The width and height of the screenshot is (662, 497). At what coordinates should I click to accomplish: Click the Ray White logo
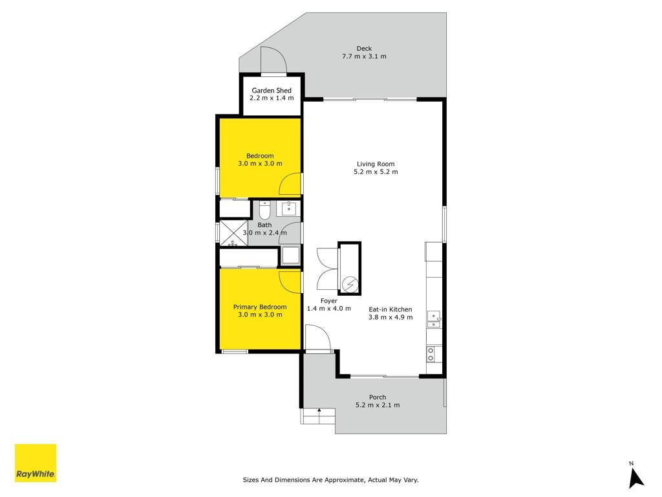tap(36, 463)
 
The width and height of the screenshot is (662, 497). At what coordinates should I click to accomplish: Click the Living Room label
tap(376, 164)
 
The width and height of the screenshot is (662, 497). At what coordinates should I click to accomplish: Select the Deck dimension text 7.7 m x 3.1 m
tap(364, 56)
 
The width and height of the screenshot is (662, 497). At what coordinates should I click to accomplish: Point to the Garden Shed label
tap(272, 91)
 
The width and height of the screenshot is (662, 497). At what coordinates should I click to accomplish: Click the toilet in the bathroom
tap(264, 210)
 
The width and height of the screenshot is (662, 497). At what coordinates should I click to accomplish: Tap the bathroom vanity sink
tap(289, 208)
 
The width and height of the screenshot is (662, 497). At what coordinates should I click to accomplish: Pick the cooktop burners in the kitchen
tap(431, 354)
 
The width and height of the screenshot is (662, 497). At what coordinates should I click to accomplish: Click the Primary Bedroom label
tap(260, 307)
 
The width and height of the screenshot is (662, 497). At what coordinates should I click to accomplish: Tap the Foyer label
tap(329, 301)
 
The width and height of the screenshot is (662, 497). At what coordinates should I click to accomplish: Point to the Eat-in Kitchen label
tap(390, 309)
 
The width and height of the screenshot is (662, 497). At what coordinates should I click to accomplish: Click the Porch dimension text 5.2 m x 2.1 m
tap(378, 405)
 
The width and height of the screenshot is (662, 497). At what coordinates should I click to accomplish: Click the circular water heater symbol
tap(349, 284)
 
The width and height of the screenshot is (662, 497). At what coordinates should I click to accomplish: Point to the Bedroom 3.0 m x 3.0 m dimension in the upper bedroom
tap(260, 164)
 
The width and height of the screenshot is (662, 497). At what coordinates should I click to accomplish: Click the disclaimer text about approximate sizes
tap(330, 480)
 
